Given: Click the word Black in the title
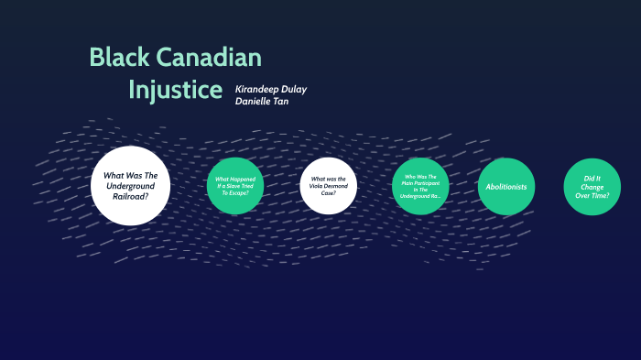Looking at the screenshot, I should [x=119, y=57].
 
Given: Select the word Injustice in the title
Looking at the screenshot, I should [x=175, y=90].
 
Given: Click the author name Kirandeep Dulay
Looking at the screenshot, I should [x=271, y=89].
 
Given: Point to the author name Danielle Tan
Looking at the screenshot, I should [x=262, y=101].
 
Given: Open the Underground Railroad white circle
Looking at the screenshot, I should [x=131, y=186].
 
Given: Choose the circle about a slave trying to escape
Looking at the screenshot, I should [x=235, y=186].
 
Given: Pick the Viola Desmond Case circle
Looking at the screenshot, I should [x=329, y=186].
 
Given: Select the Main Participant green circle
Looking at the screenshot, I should [x=421, y=186].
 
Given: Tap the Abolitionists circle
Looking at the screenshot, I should [x=506, y=187].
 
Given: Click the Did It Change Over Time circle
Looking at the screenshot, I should [x=592, y=187].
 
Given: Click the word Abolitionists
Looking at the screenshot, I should [x=506, y=187].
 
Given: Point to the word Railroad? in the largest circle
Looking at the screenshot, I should [x=131, y=197].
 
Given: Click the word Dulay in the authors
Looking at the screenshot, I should [x=294, y=89].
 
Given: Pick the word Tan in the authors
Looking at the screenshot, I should [x=280, y=101].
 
